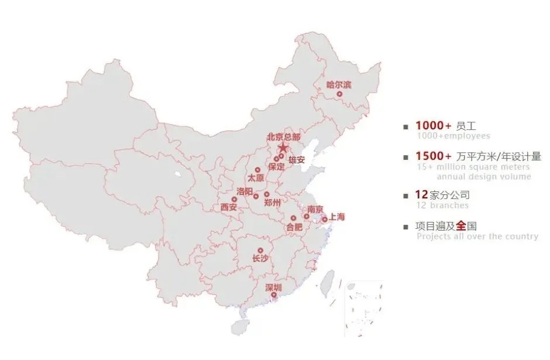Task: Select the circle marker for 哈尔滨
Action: [x=339, y=94]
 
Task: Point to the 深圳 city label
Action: [x=273, y=287]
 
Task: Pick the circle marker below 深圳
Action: [x=273, y=295]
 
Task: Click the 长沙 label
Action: [x=260, y=258]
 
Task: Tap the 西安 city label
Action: [x=229, y=207]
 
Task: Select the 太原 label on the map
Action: [x=256, y=177]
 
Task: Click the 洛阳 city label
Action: [x=245, y=191]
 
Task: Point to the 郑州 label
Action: [x=272, y=203]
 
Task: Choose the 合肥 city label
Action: [x=294, y=226]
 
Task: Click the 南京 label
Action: [x=315, y=209]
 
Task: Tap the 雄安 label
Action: [x=297, y=160]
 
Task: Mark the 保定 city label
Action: [x=276, y=166]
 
